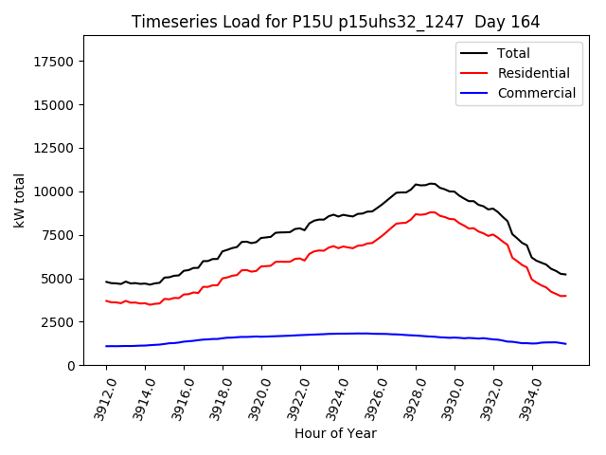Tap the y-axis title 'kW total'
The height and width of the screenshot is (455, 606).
coord(20,200)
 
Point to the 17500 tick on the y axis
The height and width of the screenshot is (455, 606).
coord(56,62)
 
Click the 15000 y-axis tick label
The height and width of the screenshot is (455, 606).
coord(56,105)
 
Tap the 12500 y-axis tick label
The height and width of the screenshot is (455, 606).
coord(56,149)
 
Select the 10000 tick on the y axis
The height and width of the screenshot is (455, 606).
coord(56,192)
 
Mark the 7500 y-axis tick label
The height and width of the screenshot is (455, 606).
coord(60,235)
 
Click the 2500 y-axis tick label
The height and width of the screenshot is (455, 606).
coord(60,322)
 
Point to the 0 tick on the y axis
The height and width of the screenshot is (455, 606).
coord(72,366)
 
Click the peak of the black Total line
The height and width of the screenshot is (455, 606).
coord(432,183)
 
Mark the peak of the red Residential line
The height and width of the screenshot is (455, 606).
coord(432,211)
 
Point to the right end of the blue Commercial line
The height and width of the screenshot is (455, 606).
coord(566,343)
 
